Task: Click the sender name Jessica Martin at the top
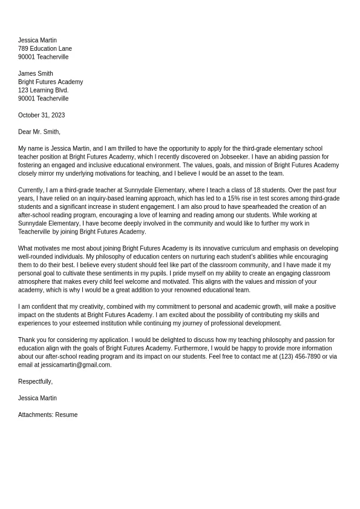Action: [38, 41]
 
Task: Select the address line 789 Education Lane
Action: [45, 48]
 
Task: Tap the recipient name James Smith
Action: [36, 74]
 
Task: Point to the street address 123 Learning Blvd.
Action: [44, 90]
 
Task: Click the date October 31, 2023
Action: [41, 115]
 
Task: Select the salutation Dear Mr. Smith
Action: [39, 132]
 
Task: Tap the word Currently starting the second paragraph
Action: [31, 190]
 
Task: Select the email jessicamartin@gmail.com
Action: [76, 365]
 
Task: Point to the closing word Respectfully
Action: [35, 382]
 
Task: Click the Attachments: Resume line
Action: [48, 415]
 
